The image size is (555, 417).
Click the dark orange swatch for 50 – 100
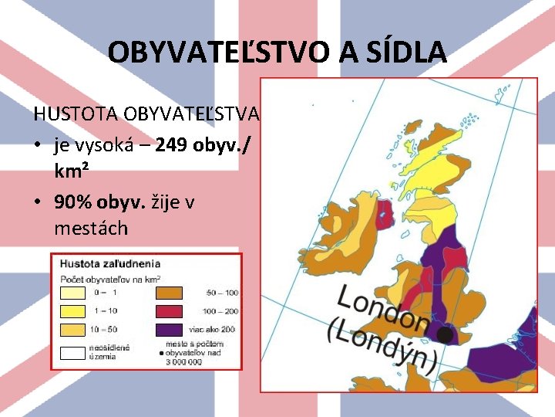coord(169,292)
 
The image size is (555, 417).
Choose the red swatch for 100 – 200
coord(169,310)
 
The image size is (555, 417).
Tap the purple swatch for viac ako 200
coord(169,330)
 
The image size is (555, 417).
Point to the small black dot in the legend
coord(160,353)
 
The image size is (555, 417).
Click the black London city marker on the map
coord(445,334)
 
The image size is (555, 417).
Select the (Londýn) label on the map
coord(382,344)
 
